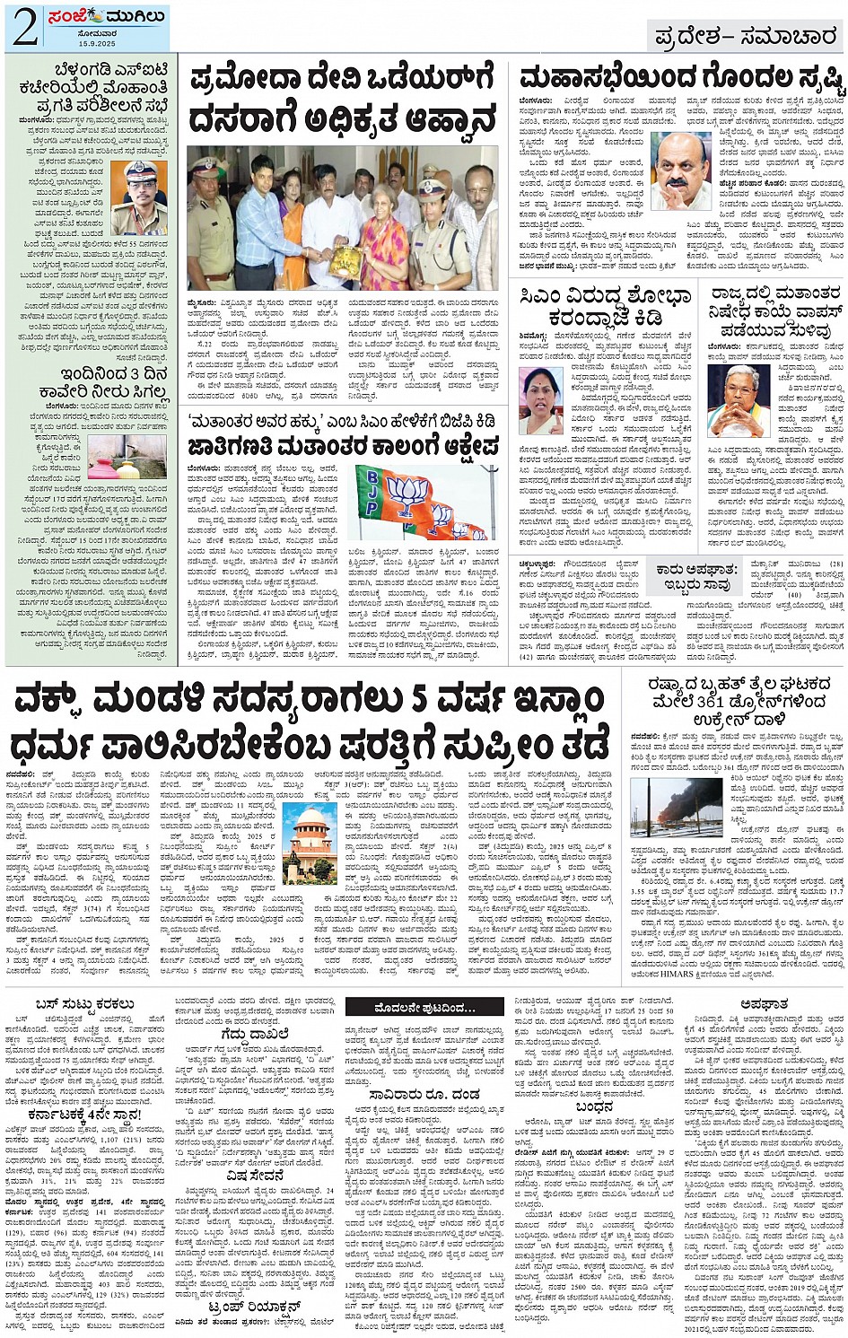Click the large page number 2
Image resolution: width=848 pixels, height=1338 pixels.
click(23, 27)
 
